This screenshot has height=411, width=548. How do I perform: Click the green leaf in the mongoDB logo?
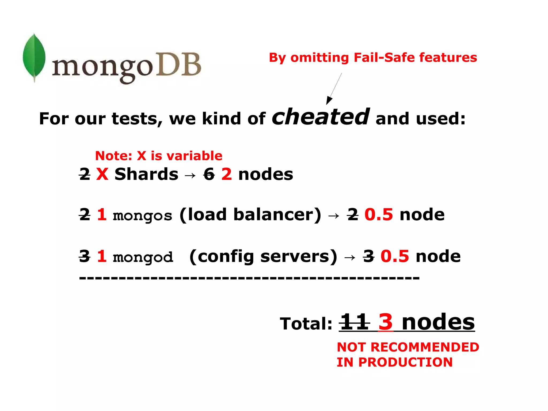pos(34,57)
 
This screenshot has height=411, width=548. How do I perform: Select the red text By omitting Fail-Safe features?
pos(373,58)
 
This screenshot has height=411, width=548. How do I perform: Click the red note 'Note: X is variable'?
pos(159,156)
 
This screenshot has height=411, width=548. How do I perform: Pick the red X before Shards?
pos(102,174)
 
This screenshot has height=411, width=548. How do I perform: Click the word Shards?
pos(146,174)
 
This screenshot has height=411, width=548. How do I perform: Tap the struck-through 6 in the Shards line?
pos(209,174)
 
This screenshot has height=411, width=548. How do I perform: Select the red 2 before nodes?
pos(227,174)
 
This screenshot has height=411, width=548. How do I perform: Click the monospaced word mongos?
pos(142,216)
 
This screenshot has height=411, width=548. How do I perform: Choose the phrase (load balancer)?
pos(250,215)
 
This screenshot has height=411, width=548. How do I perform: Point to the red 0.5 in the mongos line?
pos(379,215)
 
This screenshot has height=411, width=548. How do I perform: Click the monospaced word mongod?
pos(143,257)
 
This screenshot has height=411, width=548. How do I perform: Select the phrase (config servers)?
pos(263,257)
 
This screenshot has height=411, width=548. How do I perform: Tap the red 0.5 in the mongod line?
pos(395,256)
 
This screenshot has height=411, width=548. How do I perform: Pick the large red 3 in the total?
pos(386,322)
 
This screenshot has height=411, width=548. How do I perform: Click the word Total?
pos(306,324)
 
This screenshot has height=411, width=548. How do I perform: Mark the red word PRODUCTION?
pos(405,362)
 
